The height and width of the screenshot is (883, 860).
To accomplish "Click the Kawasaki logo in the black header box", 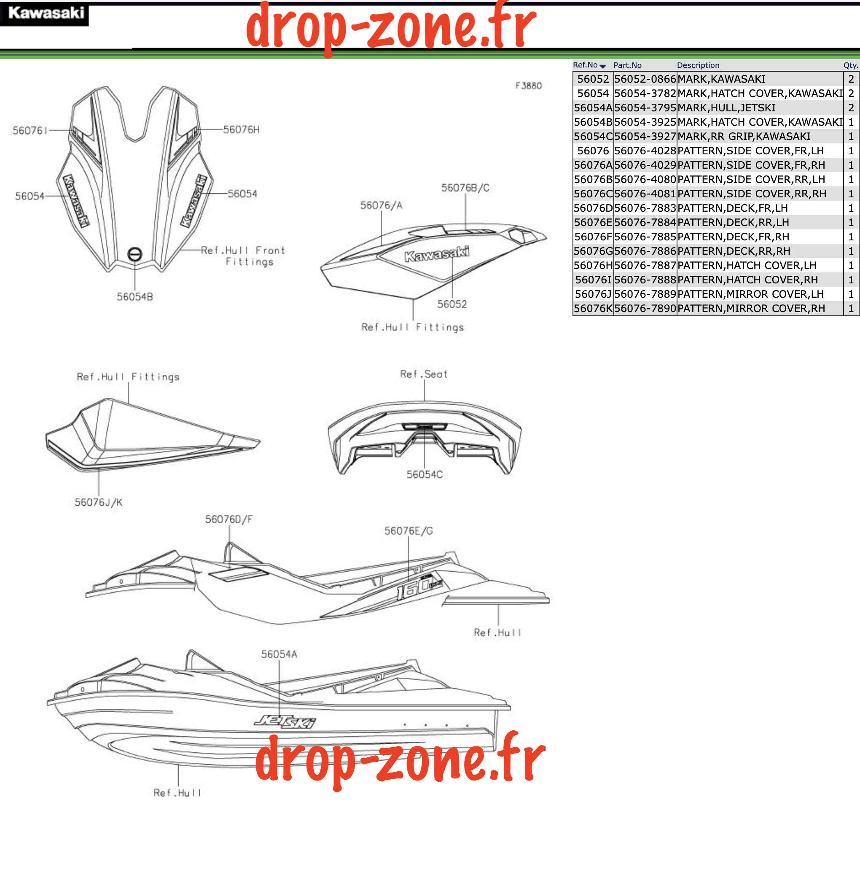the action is (x=46, y=13).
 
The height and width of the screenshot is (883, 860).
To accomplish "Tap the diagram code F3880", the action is (x=529, y=86).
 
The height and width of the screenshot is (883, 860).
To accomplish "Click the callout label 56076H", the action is (x=241, y=130).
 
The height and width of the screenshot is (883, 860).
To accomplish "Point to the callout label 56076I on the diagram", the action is (x=30, y=131).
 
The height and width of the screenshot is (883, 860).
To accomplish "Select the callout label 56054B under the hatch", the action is (x=134, y=297).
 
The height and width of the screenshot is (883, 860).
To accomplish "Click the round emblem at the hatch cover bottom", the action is (x=134, y=254).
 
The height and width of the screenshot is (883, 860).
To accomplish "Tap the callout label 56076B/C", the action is (x=465, y=188).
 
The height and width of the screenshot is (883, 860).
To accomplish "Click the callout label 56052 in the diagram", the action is (x=451, y=304).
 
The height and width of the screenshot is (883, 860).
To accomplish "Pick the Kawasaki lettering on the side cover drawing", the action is (x=437, y=254).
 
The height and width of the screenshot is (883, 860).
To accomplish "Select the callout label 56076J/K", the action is (x=99, y=502).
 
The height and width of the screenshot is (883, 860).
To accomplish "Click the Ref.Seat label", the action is (x=424, y=374).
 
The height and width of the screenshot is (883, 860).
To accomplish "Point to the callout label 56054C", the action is (x=424, y=474).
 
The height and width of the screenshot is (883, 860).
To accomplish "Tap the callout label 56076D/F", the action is (x=228, y=519).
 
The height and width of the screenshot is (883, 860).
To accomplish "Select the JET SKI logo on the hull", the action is (x=285, y=721).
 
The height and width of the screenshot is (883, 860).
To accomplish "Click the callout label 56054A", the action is (x=279, y=654).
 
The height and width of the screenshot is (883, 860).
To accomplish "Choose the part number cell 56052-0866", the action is (x=645, y=79).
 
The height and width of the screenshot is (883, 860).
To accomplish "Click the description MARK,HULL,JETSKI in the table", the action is (x=726, y=108).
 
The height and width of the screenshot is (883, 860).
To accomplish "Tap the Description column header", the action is (x=698, y=65).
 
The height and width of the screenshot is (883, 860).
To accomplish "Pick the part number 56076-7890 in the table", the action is (x=645, y=308).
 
